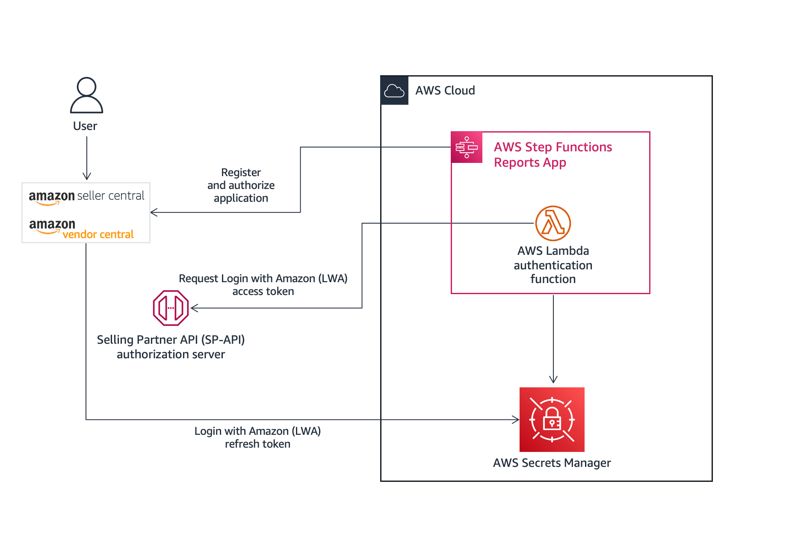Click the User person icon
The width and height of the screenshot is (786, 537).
point(86,95)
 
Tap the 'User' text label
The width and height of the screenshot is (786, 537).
point(85,126)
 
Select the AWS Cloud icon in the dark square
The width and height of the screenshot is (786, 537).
point(394,91)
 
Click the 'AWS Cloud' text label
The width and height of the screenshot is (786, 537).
point(445,91)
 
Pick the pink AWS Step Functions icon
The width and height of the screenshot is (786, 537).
point(467,148)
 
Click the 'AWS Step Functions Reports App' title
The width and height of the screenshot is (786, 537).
point(553,155)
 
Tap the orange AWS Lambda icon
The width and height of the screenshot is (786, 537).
point(553,223)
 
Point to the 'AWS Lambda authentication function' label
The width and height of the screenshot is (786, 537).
point(553,265)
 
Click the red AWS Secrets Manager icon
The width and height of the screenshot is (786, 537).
point(552,419)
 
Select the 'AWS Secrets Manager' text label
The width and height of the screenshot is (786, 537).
point(552,463)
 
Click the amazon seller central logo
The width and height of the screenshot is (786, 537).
point(86,197)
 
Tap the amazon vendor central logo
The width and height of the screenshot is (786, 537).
point(81,229)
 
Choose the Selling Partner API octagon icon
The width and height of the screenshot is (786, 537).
point(171,308)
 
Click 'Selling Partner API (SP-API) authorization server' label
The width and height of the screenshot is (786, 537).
point(171,347)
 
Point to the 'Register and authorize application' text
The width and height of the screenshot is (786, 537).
point(241,185)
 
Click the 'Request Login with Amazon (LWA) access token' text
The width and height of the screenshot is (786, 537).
point(263,285)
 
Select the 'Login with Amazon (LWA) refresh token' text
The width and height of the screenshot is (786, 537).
point(257,437)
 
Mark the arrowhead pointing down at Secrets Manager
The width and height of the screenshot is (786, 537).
point(553,379)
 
